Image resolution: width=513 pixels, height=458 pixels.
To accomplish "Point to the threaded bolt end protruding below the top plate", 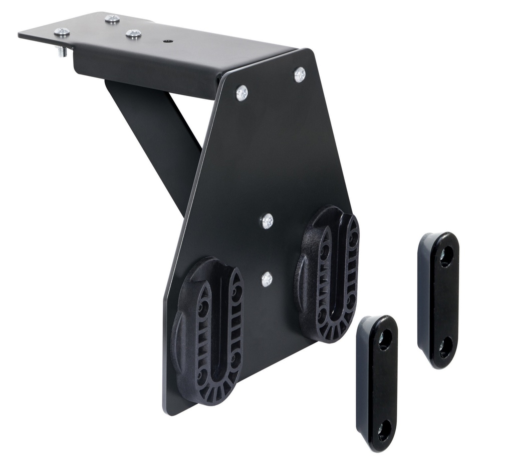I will (x=62, y=51).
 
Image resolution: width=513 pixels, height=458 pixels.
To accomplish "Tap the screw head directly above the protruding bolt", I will (x=62, y=32).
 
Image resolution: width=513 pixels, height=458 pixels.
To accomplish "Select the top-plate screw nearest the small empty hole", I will (x=133, y=34).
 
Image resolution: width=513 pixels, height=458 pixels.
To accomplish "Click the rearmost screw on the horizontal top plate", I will (x=112, y=19).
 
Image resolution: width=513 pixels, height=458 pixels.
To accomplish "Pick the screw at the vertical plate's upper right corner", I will (x=300, y=74).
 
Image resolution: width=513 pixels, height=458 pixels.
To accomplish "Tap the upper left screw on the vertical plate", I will (x=241, y=92).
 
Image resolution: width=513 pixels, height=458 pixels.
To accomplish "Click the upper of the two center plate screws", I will (x=267, y=220).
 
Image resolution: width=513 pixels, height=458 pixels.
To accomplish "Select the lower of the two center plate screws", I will (x=267, y=278).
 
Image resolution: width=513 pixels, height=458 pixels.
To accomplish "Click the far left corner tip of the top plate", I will (x=20, y=34).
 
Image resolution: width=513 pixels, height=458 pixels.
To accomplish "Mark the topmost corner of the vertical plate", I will (x=308, y=50).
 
